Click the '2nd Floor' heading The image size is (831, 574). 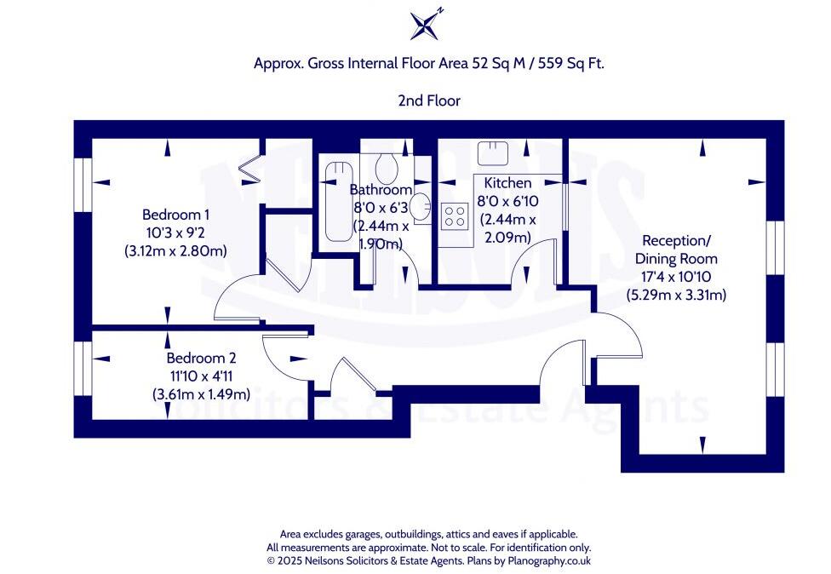click(x=429, y=100)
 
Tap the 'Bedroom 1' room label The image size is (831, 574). click(x=176, y=215)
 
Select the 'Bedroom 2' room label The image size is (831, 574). click(x=201, y=359)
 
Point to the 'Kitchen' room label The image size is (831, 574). click(x=507, y=183)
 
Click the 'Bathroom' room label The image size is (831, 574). click(x=381, y=190)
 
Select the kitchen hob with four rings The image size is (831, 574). click(x=455, y=215)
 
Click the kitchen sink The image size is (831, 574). click(x=493, y=153)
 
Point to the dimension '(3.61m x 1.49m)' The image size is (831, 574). click(x=200, y=394)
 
